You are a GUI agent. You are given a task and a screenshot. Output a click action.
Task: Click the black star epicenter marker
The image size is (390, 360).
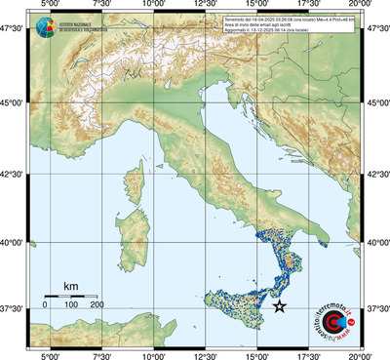[280, 306]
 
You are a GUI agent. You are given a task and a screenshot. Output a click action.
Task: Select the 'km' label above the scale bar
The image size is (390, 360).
[70, 286]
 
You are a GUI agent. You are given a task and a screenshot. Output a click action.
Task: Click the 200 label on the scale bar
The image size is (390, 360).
[97, 306]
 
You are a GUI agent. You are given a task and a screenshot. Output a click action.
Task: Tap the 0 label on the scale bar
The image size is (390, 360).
[45, 306]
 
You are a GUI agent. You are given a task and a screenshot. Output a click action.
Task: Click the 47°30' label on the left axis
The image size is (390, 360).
[17, 30]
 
